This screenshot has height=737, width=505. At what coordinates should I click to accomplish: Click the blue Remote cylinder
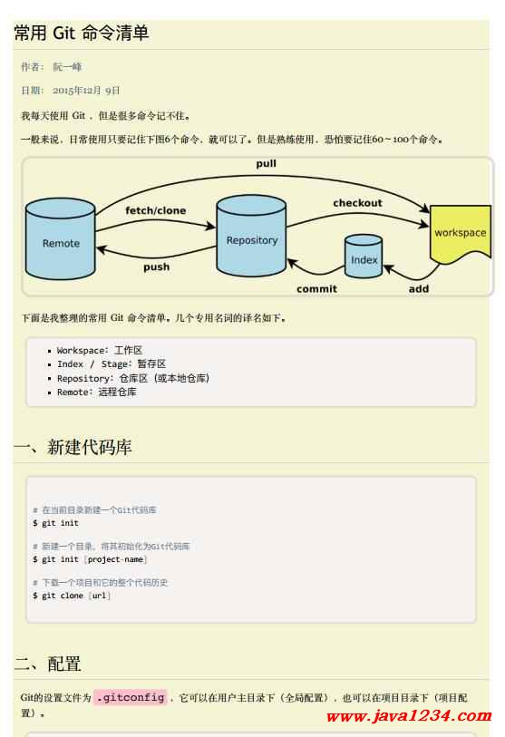point(61,238)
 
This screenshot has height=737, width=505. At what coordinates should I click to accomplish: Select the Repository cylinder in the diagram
point(251,236)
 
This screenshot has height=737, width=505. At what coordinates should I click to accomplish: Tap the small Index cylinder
point(364,257)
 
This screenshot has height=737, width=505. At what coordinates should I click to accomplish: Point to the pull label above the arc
point(267,163)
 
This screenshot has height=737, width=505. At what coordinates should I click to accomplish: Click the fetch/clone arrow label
point(156,210)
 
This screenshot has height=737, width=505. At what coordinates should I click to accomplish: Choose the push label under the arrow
point(157,267)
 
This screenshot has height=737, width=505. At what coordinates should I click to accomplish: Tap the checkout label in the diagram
point(358,203)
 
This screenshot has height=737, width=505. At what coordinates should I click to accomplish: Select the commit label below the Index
point(317,288)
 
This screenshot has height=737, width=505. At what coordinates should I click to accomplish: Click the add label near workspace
point(419,288)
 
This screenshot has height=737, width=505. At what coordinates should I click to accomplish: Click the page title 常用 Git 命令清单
point(82,33)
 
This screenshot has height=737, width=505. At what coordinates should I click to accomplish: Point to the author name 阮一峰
point(67,67)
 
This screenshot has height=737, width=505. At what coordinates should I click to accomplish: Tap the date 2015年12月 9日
point(86,91)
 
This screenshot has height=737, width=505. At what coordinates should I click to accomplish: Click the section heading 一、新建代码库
point(73,447)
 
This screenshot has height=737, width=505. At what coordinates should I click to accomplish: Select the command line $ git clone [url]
point(72,596)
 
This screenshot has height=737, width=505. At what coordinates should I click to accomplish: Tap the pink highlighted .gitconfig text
point(131,697)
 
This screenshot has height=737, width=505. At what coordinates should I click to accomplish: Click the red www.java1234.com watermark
point(409,716)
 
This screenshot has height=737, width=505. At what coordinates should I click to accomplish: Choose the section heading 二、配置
point(47,664)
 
